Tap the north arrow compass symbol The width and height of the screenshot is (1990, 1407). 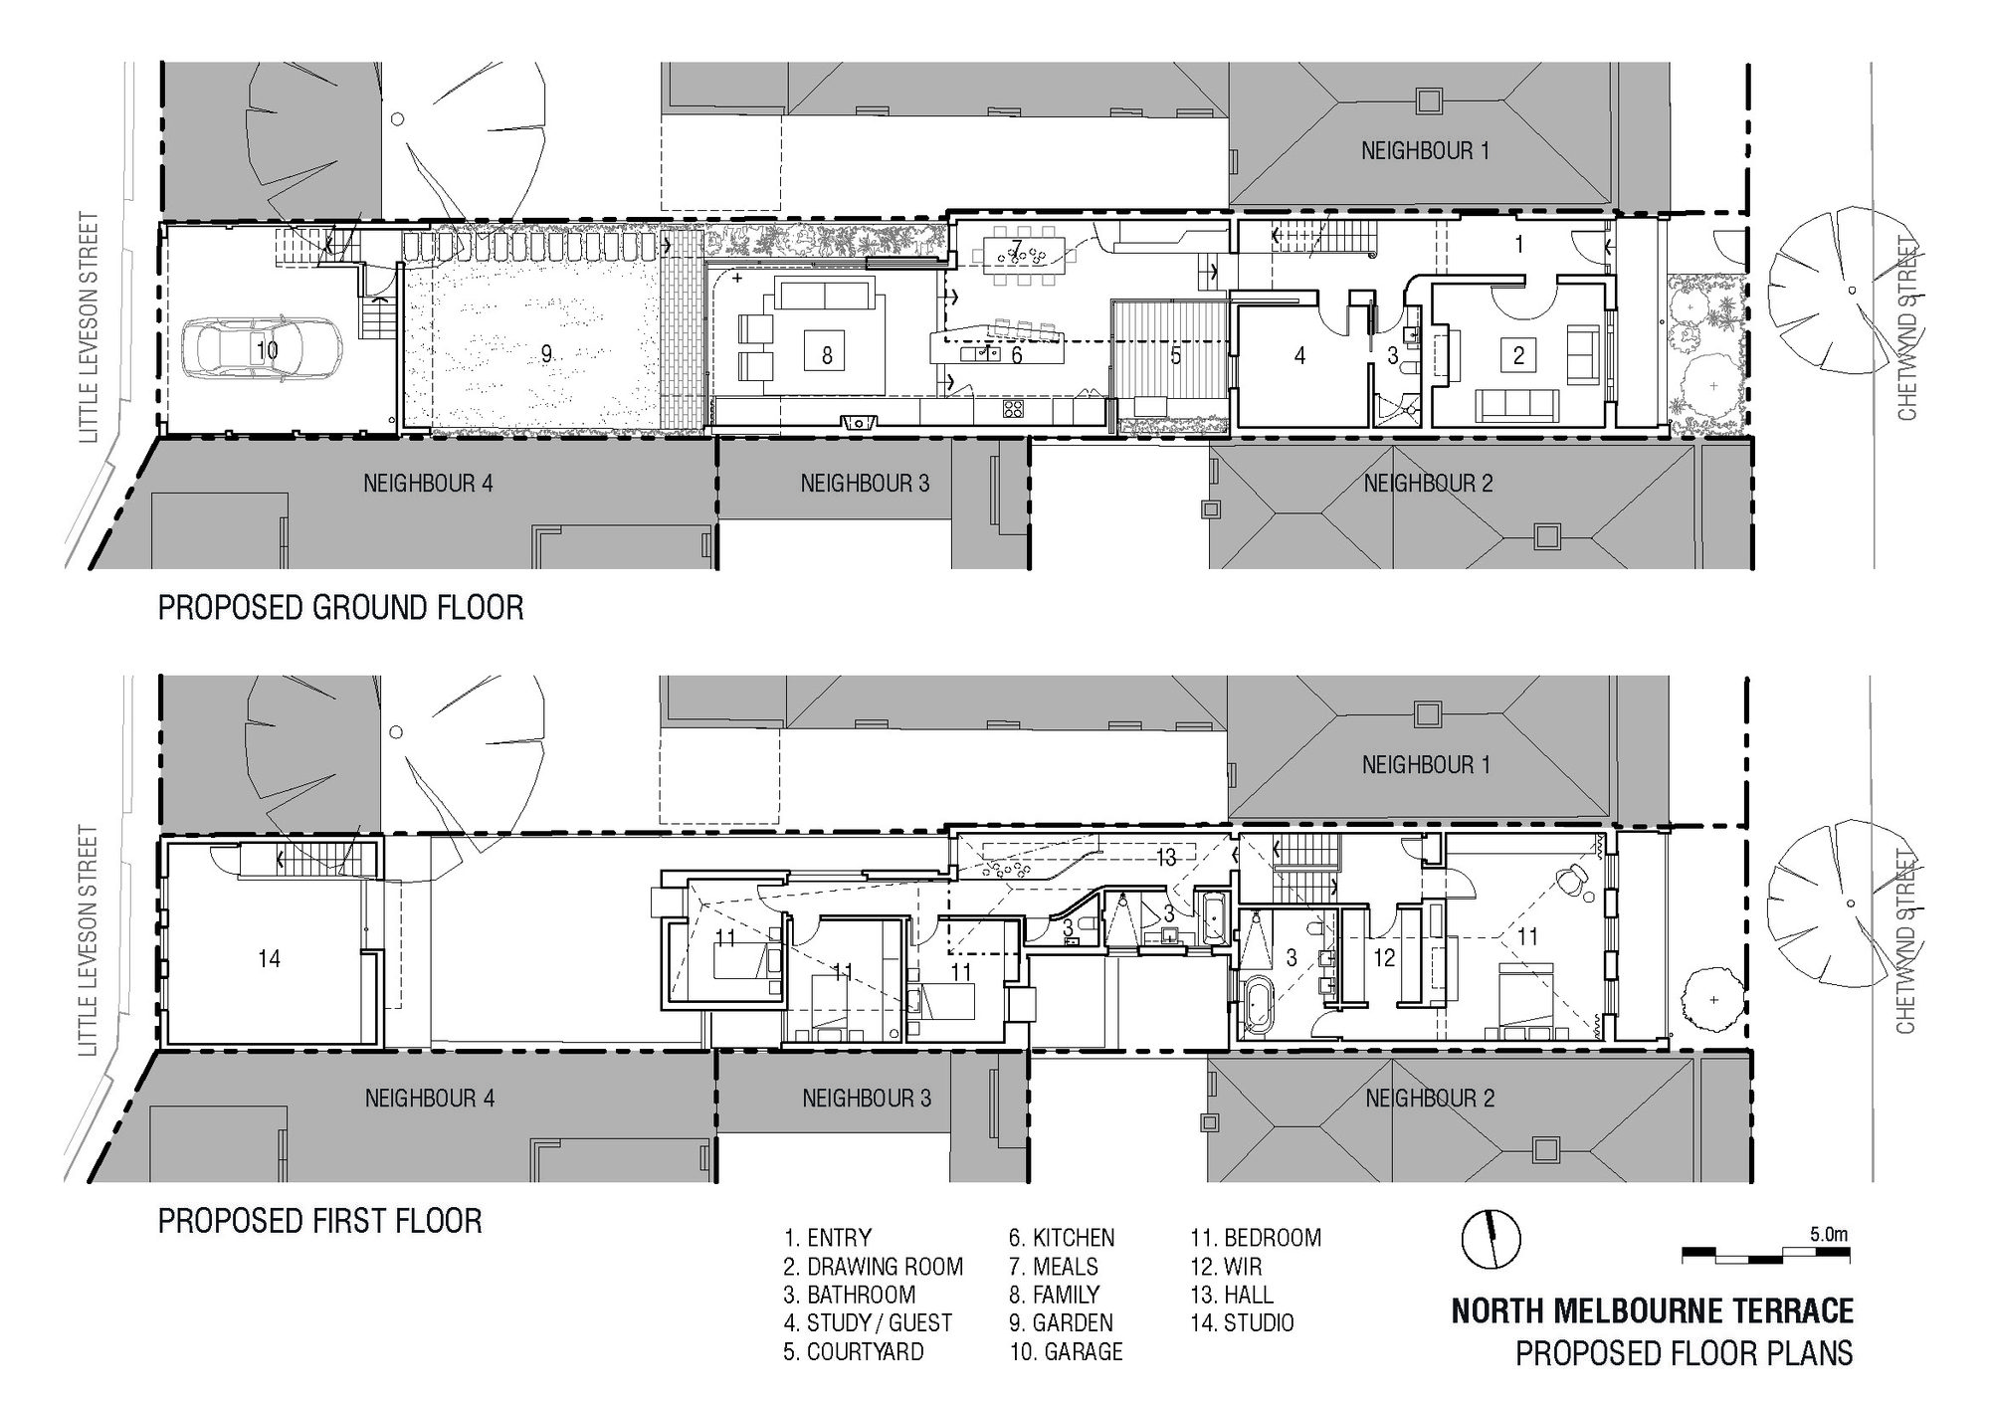tap(1491, 1240)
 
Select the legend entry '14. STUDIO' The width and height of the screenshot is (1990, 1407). tap(1242, 1323)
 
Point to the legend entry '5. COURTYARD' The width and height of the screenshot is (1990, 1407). tap(854, 1352)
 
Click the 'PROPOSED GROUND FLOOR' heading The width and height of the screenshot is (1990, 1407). tap(340, 607)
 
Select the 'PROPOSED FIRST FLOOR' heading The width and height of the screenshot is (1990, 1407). tap(320, 1221)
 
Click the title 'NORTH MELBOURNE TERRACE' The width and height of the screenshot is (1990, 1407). tap(1652, 1311)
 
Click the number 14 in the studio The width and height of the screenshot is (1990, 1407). tap(269, 959)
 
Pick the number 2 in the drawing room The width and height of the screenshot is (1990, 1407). tap(1518, 355)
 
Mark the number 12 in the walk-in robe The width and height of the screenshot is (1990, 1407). tap(1384, 958)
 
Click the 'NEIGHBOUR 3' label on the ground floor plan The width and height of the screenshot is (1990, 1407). tap(865, 485)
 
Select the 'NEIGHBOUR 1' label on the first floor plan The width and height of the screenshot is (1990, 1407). tap(1426, 765)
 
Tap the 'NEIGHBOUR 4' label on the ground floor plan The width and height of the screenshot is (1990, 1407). tap(428, 485)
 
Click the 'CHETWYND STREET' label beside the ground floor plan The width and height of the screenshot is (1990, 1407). tap(1906, 327)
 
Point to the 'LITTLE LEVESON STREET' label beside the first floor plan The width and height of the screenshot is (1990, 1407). tap(89, 941)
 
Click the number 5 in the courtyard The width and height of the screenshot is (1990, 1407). tap(1175, 355)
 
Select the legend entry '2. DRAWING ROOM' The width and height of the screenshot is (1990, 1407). tap(874, 1267)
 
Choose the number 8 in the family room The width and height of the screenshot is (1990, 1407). tap(827, 355)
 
